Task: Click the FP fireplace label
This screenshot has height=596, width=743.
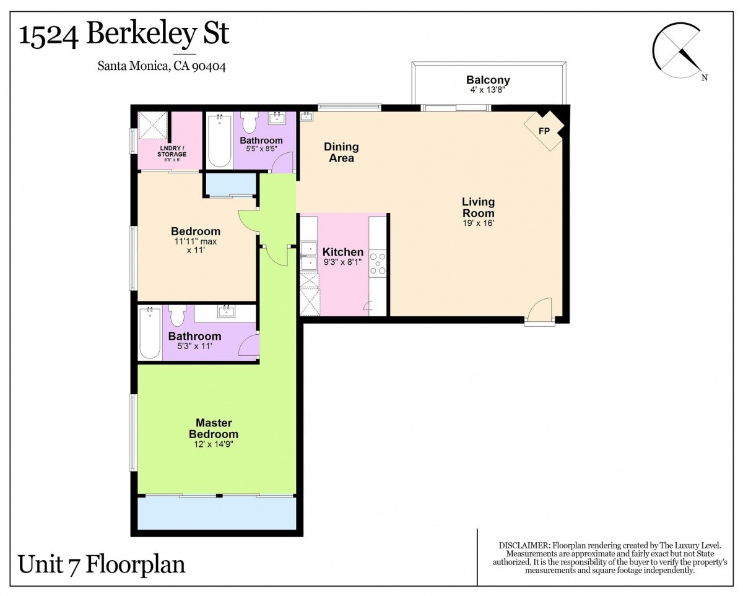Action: coord(544,131)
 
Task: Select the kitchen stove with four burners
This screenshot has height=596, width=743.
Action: coord(377,264)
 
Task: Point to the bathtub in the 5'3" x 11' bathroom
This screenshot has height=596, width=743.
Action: coord(150,334)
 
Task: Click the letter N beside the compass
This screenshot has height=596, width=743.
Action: coord(705,77)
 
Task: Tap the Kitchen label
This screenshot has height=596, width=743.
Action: coord(343,252)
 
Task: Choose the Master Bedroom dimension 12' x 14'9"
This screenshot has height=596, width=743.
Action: coord(214,444)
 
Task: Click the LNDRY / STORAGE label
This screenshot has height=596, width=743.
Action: coord(172,151)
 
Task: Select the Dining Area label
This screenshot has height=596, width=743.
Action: coord(341,152)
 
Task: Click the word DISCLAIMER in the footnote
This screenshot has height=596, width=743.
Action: coord(524,546)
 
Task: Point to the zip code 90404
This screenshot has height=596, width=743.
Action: coord(209,66)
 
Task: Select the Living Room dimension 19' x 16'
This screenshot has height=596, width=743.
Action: coord(478,223)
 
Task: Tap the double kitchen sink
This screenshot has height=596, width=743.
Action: coord(309,256)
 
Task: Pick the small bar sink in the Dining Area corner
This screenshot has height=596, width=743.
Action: coord(306,116)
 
